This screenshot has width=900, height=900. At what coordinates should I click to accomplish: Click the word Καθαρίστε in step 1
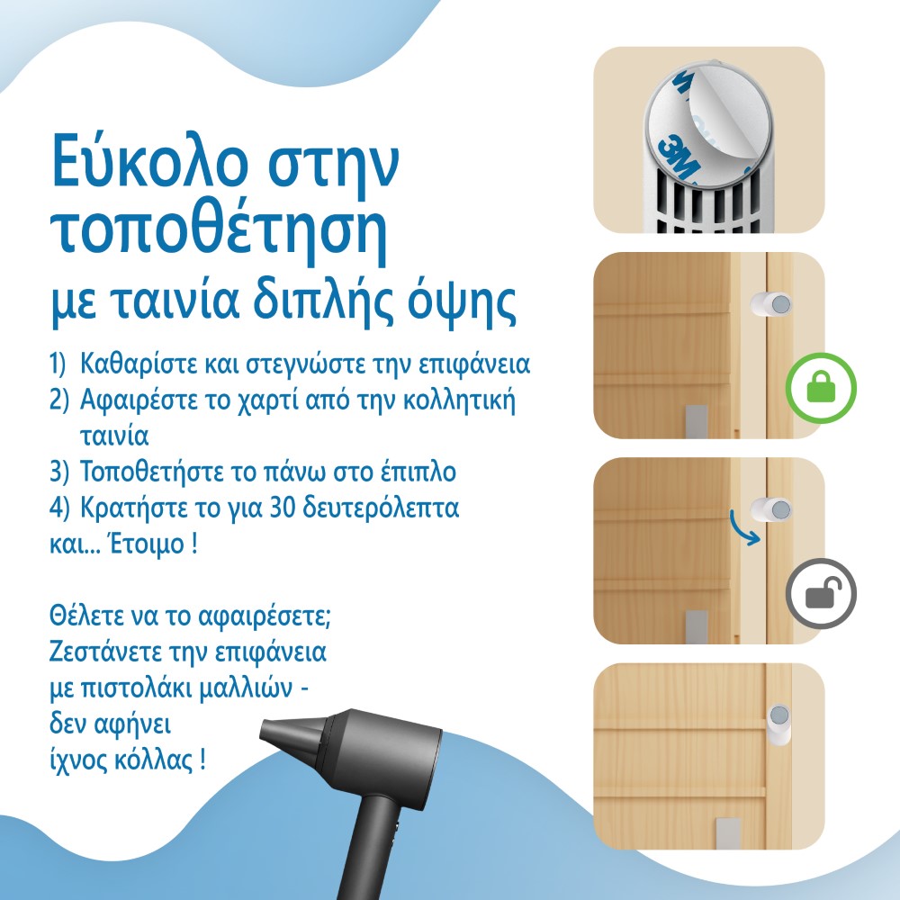click(138, 364)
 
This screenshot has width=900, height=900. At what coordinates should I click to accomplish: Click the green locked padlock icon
click(821, 388)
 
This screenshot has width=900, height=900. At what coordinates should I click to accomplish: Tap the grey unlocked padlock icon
click(821, 593)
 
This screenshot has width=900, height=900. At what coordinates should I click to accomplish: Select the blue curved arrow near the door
click(744, 528)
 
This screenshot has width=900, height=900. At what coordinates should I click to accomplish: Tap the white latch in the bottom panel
click(778, 724)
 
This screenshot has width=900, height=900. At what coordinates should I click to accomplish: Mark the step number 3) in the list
click(58, 472)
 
